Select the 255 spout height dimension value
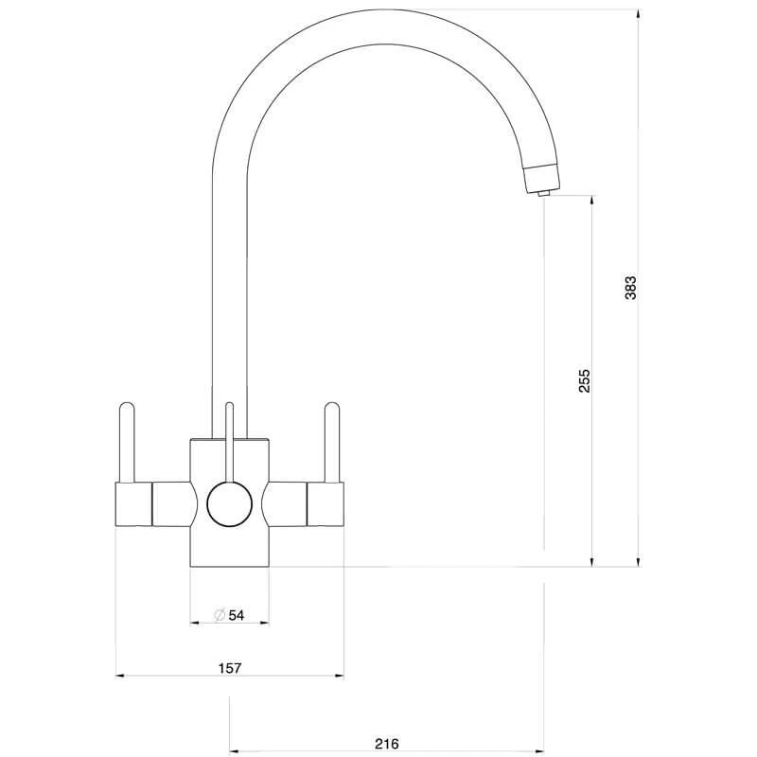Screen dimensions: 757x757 pos(585,380)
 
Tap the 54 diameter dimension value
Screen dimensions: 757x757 pos(237,616)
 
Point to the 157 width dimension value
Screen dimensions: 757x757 pos(230,668)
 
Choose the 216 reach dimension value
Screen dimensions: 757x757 pos(387,743)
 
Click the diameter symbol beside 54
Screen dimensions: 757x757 pos(219,616)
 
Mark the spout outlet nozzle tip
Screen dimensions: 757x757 pos(542,193)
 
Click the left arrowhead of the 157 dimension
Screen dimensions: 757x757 pos(119,676)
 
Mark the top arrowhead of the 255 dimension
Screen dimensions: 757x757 pos(592,201)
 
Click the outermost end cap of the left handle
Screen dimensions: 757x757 pos(133,503)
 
